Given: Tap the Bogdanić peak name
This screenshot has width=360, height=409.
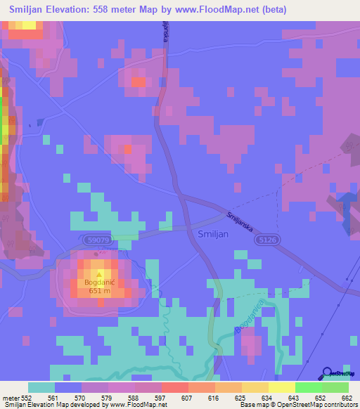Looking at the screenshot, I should [98, 283].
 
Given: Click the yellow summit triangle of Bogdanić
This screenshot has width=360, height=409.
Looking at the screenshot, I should [98, 274].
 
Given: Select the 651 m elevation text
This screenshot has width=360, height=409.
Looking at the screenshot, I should [98, 292].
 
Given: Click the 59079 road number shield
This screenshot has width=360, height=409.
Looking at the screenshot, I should [98, 240].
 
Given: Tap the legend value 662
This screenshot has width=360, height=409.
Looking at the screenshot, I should [347, 398].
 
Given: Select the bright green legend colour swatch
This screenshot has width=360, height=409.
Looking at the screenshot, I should [308, 387].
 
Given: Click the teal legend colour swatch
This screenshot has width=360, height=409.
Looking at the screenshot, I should [41, 387].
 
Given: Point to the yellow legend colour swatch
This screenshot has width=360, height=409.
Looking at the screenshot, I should [281, 387].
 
